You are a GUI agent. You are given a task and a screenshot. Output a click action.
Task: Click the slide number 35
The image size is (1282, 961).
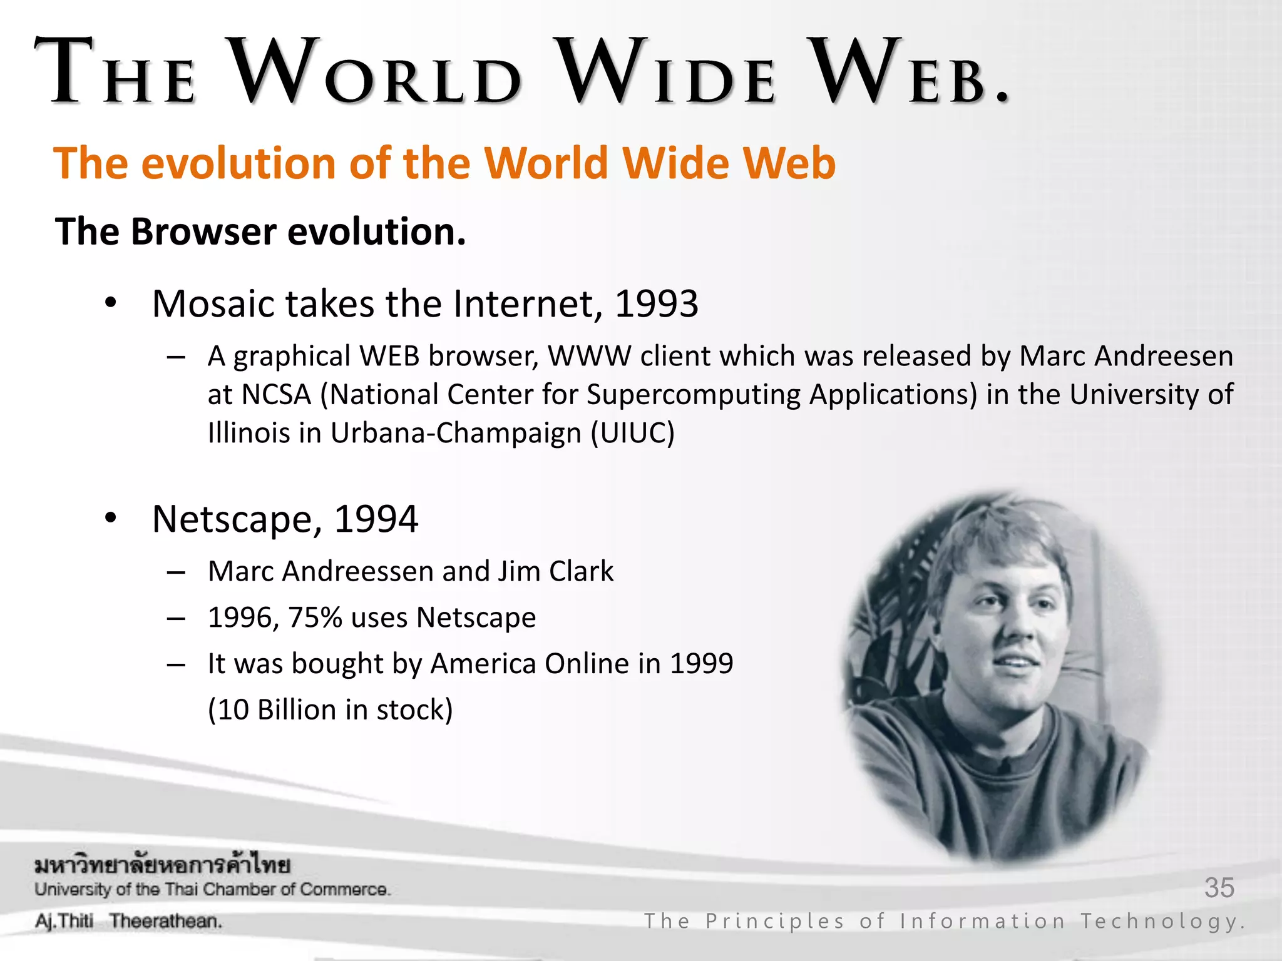1219,888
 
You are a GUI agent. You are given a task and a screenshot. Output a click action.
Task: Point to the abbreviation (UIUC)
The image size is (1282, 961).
633,433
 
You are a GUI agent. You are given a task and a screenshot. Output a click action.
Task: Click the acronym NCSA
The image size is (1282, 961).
276,395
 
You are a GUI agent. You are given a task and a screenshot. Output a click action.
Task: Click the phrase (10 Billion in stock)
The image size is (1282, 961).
330,710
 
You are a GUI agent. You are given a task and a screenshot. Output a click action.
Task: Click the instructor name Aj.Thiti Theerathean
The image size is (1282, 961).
128,921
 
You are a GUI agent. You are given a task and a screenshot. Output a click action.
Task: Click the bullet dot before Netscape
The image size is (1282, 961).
111,519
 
